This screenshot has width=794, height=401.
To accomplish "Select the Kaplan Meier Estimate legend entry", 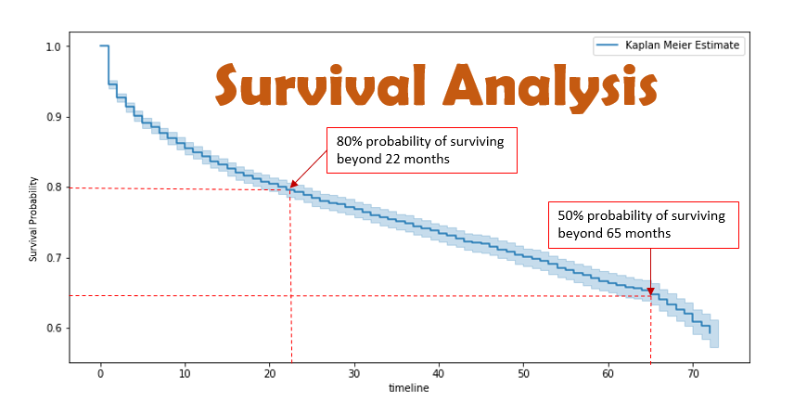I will (x=680, y=45).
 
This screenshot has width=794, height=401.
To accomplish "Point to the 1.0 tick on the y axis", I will (x=52, y=46).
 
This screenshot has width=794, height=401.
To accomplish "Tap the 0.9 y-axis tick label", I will (x=52, y=117).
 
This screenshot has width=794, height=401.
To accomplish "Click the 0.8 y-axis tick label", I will (x=52, y=188).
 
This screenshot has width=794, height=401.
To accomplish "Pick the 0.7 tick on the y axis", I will (x=52, y=258).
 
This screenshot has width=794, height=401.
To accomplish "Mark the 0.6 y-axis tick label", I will (x=52, y=329).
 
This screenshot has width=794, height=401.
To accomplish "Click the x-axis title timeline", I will (x=408, y=388).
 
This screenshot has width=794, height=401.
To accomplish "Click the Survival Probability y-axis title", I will (x=33, y=204).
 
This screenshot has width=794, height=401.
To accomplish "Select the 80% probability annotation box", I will (x=420, y=149).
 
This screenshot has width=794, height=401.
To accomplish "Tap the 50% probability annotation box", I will (x=643, y=225).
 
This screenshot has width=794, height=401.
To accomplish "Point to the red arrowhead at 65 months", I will (x=650, y=291).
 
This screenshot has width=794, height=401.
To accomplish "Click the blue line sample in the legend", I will (x=607, y=45).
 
